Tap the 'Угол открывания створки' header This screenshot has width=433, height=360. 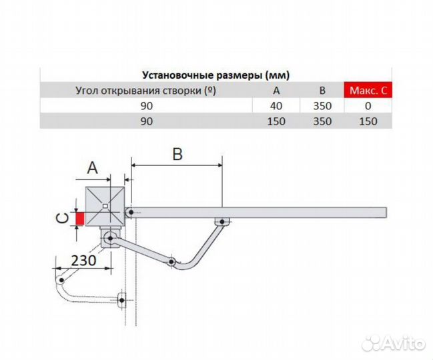click(147, 91)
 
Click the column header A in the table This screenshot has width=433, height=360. click(276, 91)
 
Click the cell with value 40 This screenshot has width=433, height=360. click(276, 106)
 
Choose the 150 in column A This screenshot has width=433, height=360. click(276, 121)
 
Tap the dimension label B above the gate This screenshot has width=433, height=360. click(177, 154)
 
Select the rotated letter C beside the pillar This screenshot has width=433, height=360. click(62, 217)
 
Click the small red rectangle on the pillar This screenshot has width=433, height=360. click(80, 218)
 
